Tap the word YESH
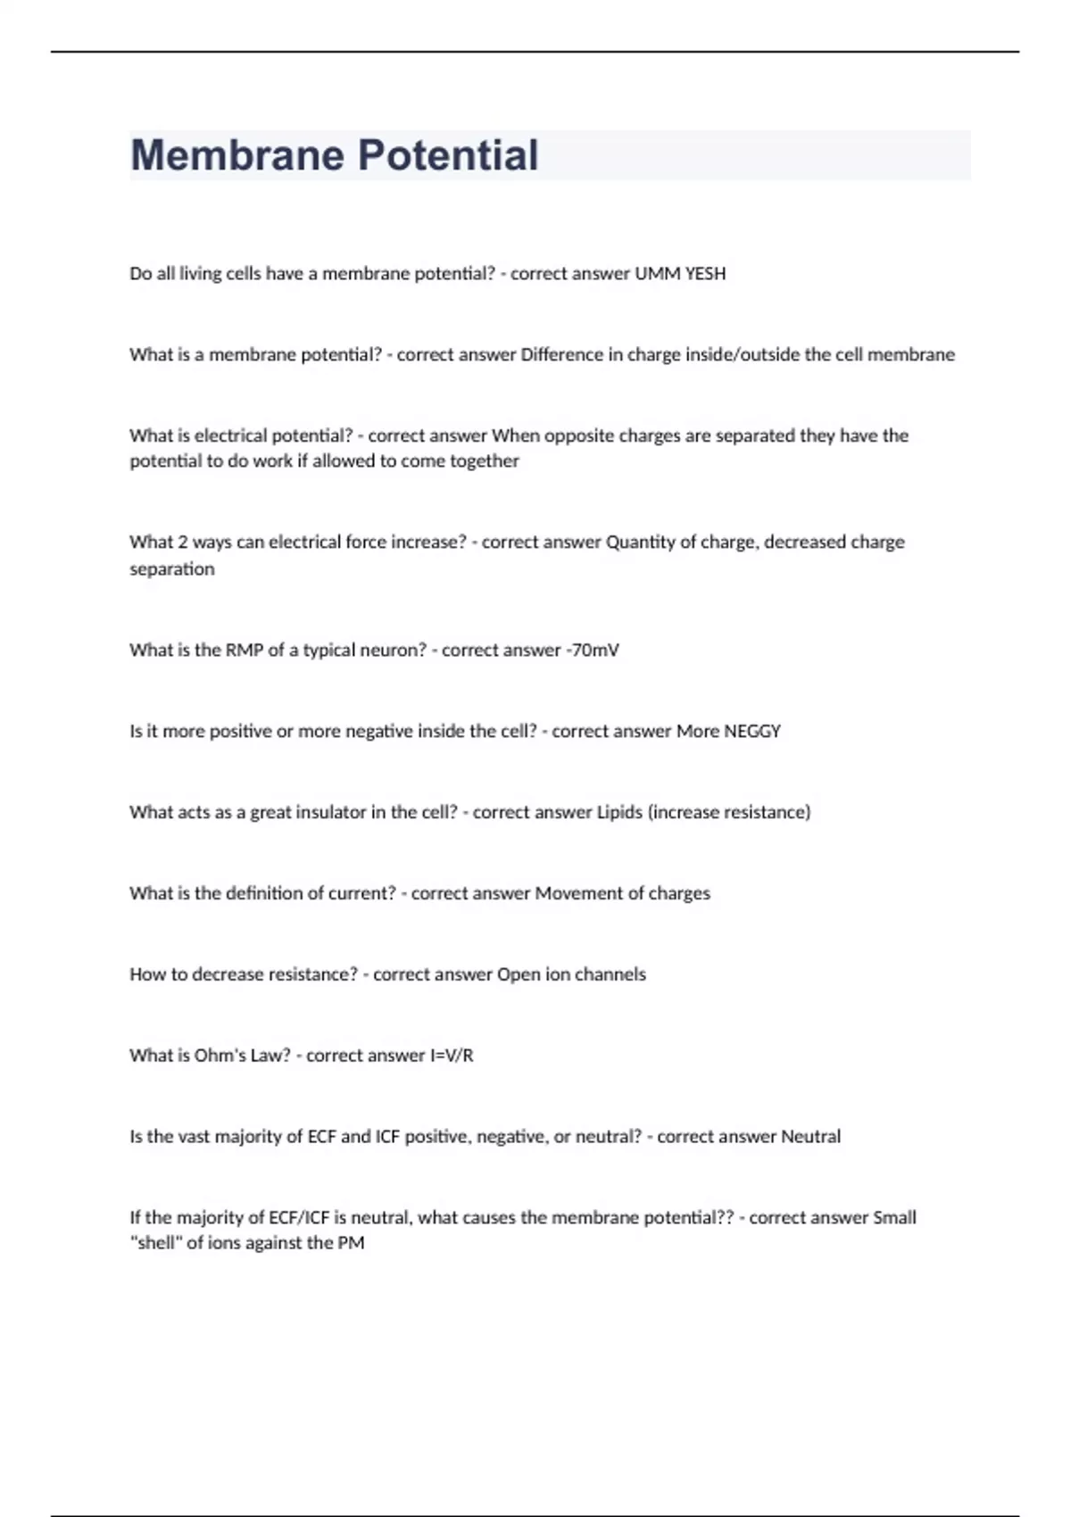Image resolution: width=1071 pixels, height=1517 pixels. (705, 274)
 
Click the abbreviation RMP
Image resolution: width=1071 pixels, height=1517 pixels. (244, 651)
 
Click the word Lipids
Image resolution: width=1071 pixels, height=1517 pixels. (619, 813)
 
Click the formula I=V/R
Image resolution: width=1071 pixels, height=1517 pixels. (452, 1056)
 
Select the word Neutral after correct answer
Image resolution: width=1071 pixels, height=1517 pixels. (810, 1137)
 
